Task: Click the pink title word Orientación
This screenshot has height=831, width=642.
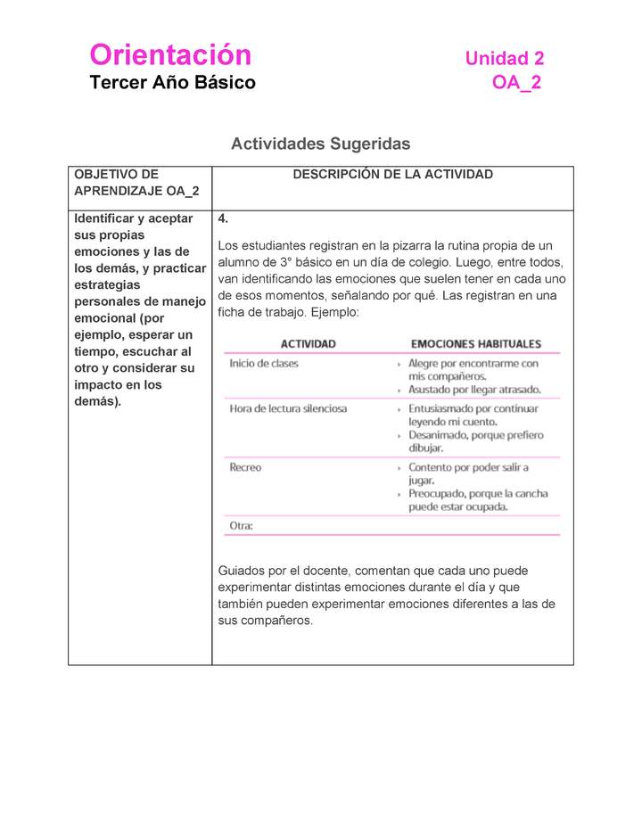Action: (170, 55)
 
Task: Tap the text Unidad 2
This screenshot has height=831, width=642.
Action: (504, 59)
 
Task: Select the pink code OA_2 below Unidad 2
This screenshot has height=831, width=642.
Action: (516, 83)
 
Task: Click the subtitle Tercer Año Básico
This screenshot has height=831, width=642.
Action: (172, 83)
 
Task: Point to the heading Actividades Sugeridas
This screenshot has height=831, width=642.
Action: (320, 144)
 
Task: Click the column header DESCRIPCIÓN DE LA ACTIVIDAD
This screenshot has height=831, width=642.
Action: (392, 175)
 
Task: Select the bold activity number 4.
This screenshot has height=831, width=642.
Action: (224, 218)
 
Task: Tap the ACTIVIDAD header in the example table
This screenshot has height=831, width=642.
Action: (309, 344)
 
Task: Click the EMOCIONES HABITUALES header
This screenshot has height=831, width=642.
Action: (475, 344)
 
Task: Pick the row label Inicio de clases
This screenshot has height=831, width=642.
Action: (264, 364)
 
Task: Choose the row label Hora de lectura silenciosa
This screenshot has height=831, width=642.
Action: (288, 408)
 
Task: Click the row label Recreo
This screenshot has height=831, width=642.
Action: (245, 467)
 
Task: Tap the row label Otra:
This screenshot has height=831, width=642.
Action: (241, 526)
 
